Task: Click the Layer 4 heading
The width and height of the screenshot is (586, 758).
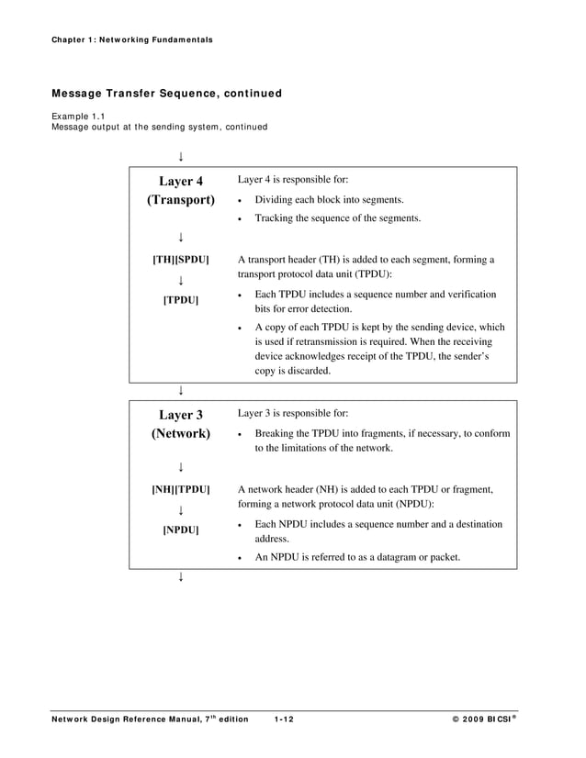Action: [181, 181]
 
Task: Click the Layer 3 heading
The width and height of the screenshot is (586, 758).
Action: [181, 415]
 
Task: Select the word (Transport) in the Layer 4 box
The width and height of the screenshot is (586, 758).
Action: [181, 199]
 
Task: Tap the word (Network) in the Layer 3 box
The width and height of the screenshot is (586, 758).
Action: [181, 433]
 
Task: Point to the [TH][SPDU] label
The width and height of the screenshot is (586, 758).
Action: [181, 260]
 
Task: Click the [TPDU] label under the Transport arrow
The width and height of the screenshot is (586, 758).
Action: [181, 300]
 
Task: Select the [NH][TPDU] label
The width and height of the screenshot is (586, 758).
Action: [181, 489]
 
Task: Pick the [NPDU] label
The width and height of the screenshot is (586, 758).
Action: [181, 530]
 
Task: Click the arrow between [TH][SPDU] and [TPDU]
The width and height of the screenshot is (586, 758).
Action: [181, 280]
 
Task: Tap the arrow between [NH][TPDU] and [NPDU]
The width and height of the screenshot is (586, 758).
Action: [181, 510]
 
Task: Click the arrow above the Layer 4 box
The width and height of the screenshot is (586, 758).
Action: [181, 156]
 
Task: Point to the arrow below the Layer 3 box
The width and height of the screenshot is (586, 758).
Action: [181, 577]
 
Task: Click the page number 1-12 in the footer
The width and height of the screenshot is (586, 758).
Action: [283, 719]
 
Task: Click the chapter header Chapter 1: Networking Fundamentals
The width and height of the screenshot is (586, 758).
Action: [132, 39]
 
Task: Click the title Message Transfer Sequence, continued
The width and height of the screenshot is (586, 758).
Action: [166, 94]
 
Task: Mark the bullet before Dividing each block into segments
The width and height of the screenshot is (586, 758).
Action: [240, 201]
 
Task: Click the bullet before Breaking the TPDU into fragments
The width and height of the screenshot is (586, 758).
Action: [240, 435]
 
